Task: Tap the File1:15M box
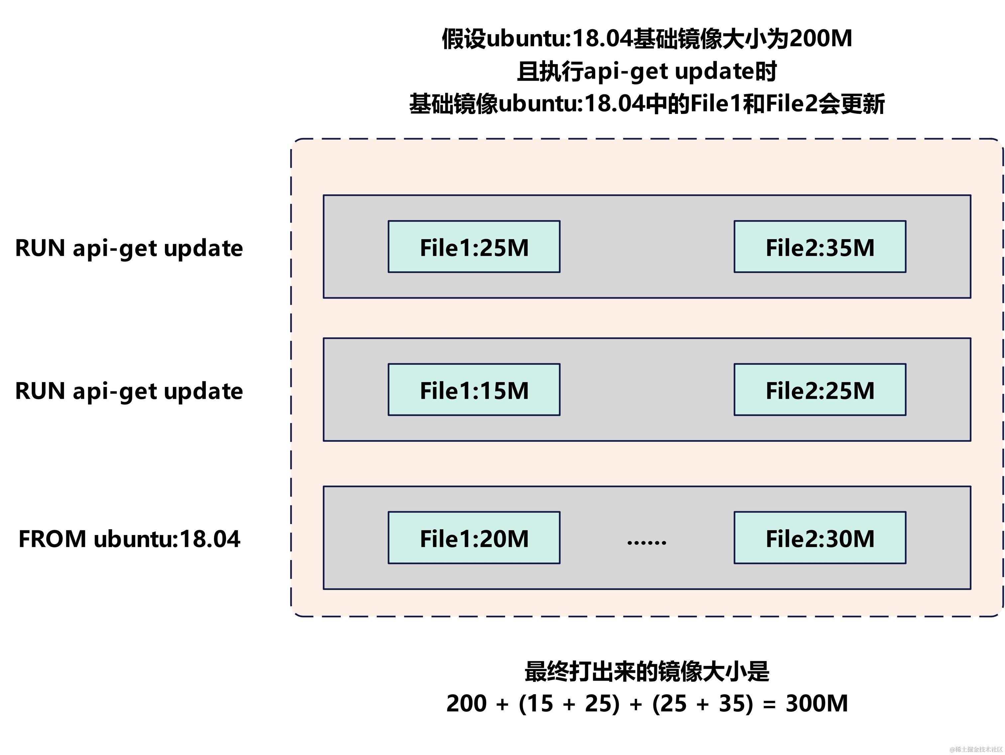pos(474,390)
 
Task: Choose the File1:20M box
pos(474,538)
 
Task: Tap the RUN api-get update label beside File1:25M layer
pos(129,248)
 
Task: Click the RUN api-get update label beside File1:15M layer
pos(129,391)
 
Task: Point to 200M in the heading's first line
pos(821,38)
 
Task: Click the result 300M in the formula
pos(817,703)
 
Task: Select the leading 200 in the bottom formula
pos(466,703)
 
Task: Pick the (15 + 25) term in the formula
pos(569,703)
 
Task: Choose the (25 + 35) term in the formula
pos(703,703)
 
